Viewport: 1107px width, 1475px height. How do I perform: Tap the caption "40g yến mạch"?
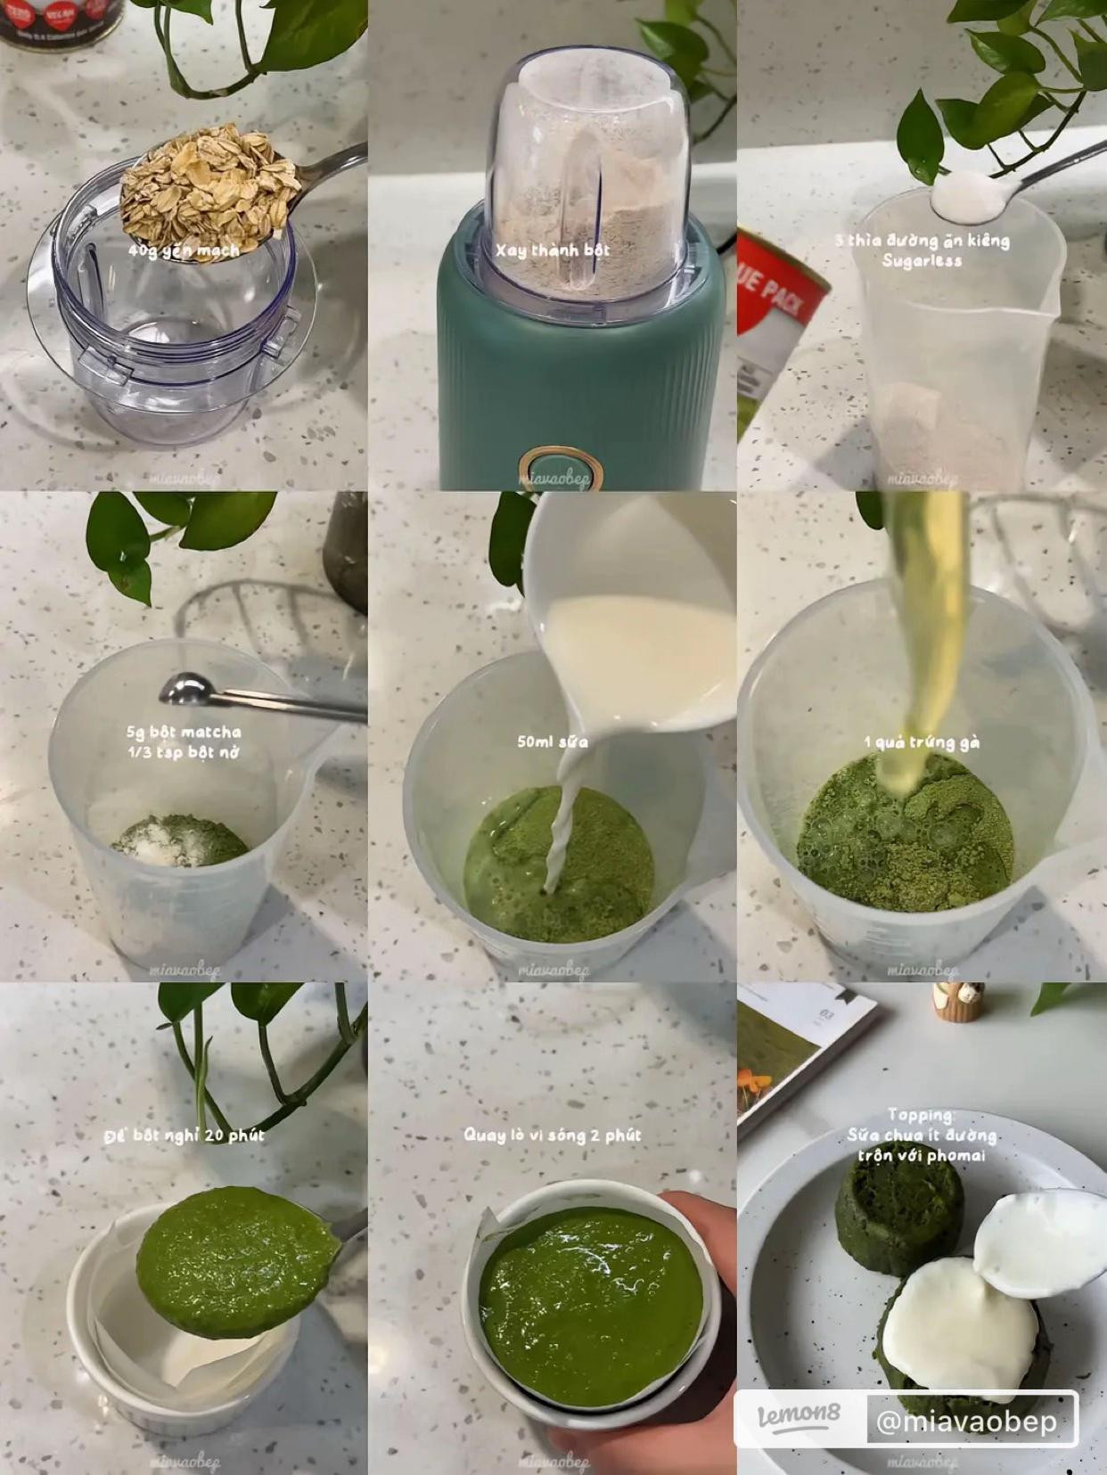(184, 251)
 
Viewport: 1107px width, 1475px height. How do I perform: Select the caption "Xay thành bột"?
(553, 250)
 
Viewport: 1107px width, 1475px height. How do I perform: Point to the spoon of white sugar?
(965, 195)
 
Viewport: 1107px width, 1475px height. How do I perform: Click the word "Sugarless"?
(922, 261)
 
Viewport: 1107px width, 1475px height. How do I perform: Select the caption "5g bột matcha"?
(184, 733)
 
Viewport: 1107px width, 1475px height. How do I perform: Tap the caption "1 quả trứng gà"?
(922, 742)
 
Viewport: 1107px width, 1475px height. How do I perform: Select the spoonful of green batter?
(236, 1258)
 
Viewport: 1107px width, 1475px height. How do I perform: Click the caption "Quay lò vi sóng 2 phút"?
(552, 1135)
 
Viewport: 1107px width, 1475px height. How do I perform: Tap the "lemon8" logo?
(798, 1418)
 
